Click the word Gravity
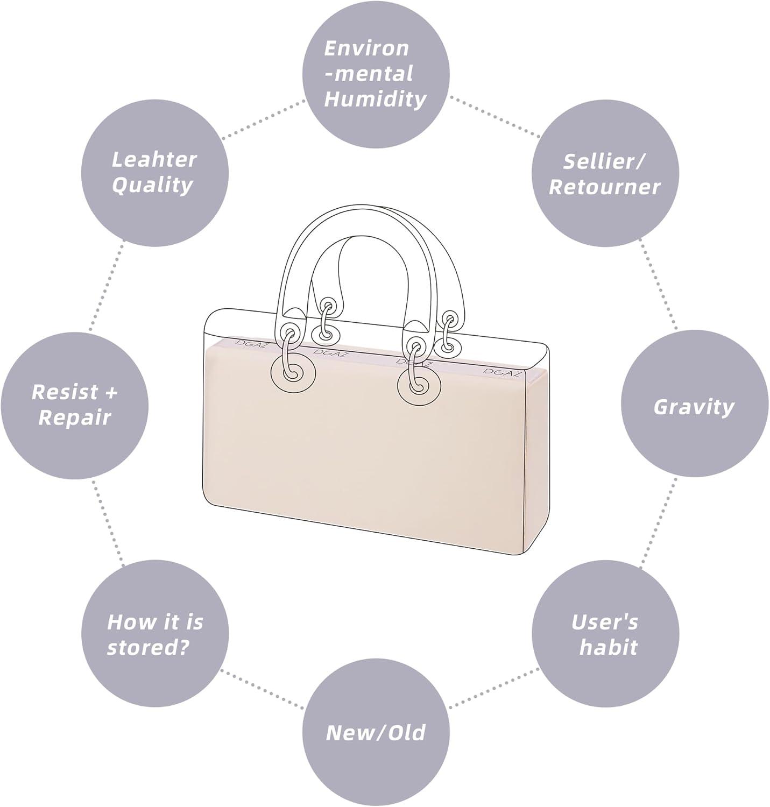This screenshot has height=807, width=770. click(694, 407)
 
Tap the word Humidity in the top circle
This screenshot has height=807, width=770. click(375, 99)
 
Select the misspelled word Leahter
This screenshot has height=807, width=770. click(154, 159)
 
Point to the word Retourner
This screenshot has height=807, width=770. click(604, 187)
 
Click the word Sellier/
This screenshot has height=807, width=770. click(604, 161)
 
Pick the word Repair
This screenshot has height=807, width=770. click(74, 417)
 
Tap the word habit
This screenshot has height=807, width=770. click(608, 647)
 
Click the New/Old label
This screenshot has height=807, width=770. click(376, 733)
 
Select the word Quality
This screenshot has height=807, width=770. click(152, 185)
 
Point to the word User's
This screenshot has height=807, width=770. click(604, 622)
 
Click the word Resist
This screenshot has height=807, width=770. click(65, 392)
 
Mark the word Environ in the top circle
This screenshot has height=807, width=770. click(366, 48)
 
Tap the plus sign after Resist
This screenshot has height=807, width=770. click(110, 392)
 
